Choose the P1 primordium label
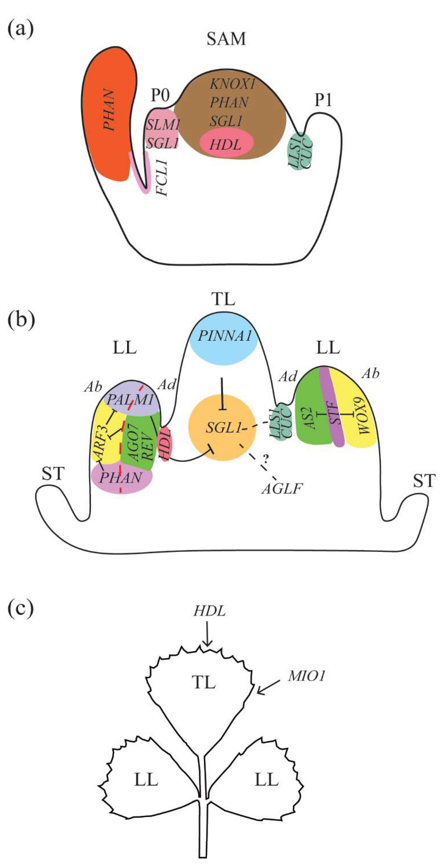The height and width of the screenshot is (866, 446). [323, 101]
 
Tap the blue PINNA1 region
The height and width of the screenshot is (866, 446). [224, 337]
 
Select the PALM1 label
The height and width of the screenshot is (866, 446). [129, 400]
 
